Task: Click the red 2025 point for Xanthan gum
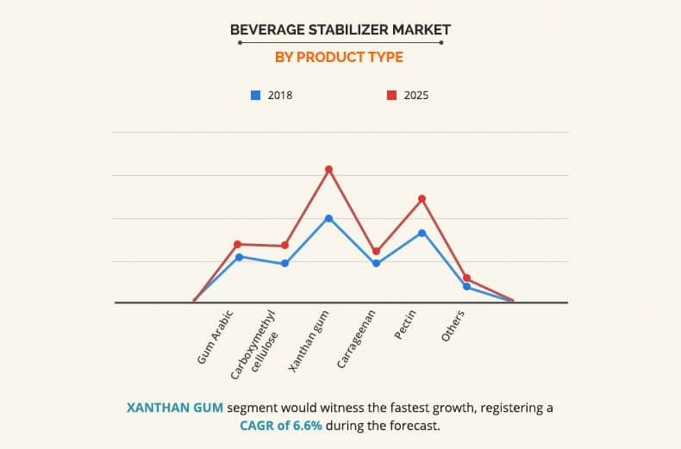click(x=328, y=169)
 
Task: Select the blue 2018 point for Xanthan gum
click(x=328, y=218)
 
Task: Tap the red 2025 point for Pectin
click(x=422, y=198)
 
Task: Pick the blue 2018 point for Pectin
click(x=422, y=233)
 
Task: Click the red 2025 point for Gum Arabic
click(x=238, y=244)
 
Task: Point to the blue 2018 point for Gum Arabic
click(x=238, y=257)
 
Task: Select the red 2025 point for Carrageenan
click(x=376, y=251)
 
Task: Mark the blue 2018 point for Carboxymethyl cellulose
click(x=284, y=263)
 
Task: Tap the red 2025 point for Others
click(x=467, y=278)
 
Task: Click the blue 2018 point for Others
click(x=467, y=286)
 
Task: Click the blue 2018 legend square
click(x=255, y=95)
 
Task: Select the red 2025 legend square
click(x=390, y=95)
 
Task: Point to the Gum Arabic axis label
click(x=216, y=336)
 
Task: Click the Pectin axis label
click(x=406, y=324)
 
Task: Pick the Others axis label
click(x=453, y=326)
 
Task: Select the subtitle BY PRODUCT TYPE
click(x=339, y=58)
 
